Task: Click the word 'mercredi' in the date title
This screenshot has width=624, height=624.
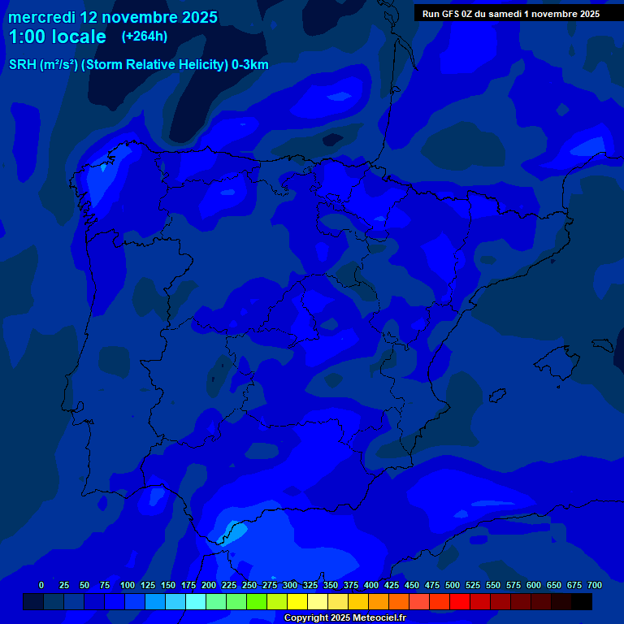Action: tap(41, 17)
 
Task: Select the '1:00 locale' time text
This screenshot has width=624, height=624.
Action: tap(57, 37)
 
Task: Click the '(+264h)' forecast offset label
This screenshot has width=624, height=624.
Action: tap(144, 37)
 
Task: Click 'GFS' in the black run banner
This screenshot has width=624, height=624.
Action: tap(450, 14)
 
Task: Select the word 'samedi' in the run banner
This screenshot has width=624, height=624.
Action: tap(508, 14)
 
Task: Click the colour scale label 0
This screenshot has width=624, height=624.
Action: tap(41, 586)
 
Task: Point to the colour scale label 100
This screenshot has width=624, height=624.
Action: tap(128, 586)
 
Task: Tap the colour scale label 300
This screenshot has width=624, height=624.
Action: tap(290, 586)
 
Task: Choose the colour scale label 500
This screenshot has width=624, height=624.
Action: tap(453, 586)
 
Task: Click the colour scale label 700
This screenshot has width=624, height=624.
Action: tap(594, 586)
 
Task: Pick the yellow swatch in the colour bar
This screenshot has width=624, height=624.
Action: tap(297, 601)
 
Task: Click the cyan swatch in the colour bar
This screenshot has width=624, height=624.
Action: tap(196, 601)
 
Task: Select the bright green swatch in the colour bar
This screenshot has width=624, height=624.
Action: tap(257, 601)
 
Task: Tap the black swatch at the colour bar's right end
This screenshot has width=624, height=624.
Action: tap(582, 601)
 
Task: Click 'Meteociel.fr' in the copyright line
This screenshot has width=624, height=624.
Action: tap(376, 618)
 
